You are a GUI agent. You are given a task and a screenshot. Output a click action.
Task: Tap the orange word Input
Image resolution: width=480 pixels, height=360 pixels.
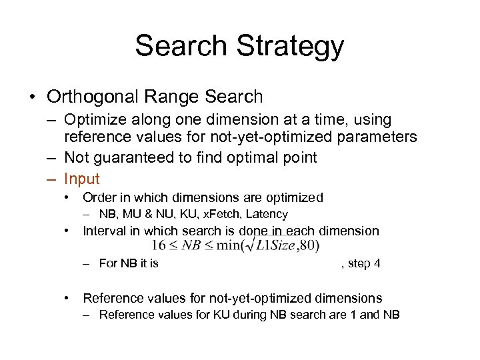(82, 179)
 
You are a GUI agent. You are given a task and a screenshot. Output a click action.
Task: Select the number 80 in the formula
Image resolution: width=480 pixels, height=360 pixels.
(307, 245)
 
